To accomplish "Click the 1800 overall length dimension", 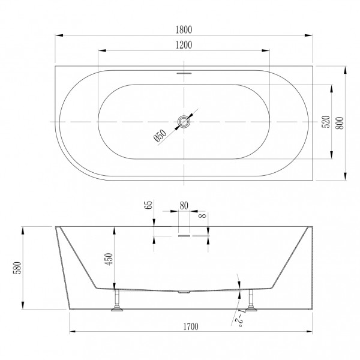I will pos(184,28).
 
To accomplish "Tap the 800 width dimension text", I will pos(340,123).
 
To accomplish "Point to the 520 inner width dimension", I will pos(326,123).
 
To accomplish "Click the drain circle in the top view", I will pos(184,122).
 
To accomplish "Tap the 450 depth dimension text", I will pos(108,258).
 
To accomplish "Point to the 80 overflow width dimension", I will pos(184,205).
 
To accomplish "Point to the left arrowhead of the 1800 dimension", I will pos(58,35).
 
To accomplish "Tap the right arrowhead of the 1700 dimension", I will pos(311,332).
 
